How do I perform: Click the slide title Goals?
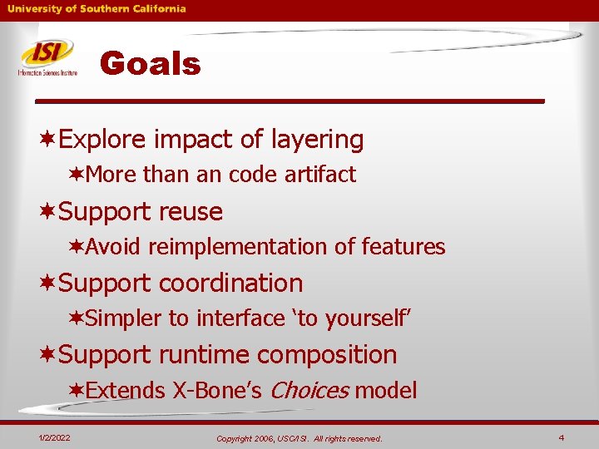(150, 64)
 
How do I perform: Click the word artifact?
(319, 175)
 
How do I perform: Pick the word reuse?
(191, 212)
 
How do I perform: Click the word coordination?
(230, 284)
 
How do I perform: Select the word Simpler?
(124, 318)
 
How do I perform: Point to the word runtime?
(198, 355)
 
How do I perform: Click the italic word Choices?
(309, 391)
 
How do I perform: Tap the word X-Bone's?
(218, 391)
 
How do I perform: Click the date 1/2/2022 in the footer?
(54, 437)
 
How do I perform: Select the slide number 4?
(562, 437)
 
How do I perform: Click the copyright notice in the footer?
(299, 438)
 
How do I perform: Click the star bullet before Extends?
(77, 391)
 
